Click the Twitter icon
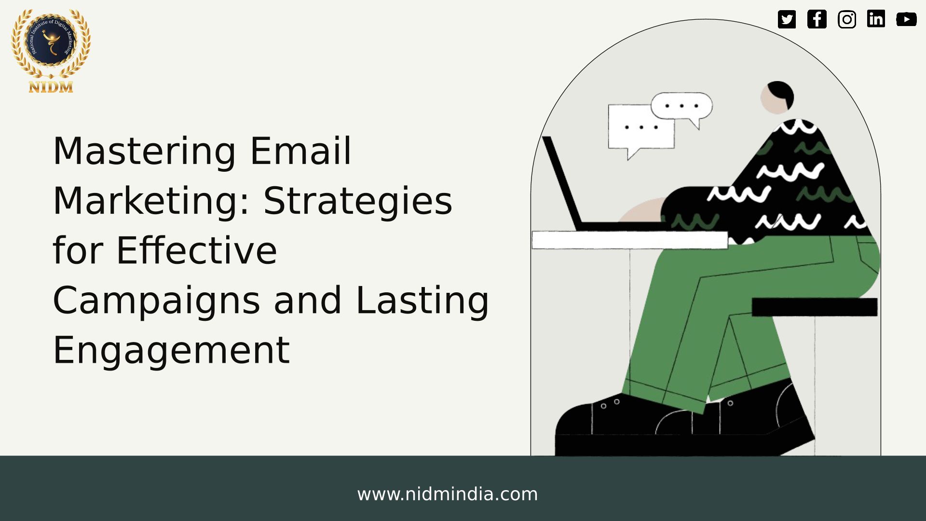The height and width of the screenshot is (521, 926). [787, 19]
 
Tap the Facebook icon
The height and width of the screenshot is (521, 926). [817, 19]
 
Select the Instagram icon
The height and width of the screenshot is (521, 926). [847, 19]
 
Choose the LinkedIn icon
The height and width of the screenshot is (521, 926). [876, 19]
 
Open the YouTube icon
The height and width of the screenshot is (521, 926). [906, 19]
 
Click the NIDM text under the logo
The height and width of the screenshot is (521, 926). [51, 87]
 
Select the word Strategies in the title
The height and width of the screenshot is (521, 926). [358, 202]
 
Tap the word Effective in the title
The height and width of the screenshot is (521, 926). [197, 251]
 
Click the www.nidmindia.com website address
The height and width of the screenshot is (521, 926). [447, 494]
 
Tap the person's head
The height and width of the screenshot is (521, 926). [777, 97]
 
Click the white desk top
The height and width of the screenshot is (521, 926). [630, 240]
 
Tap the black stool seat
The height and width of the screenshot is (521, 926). [815, 307]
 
